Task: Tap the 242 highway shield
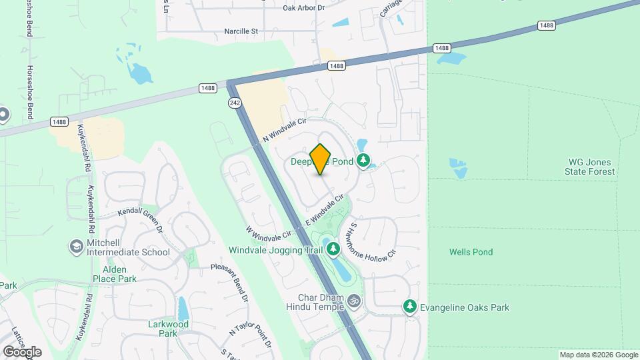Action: tap(234, 102)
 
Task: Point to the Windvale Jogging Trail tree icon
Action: tap(333, 249)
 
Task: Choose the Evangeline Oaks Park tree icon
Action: tap(410, 307)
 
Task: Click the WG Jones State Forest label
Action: tap(591, 167)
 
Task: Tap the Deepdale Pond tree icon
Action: tap(363, 160)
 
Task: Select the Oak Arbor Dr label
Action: tap(303, 8)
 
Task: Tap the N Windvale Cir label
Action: tap(283, 129)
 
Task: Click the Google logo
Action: tap(22, 351)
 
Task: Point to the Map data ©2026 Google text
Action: tap(597, 355)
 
